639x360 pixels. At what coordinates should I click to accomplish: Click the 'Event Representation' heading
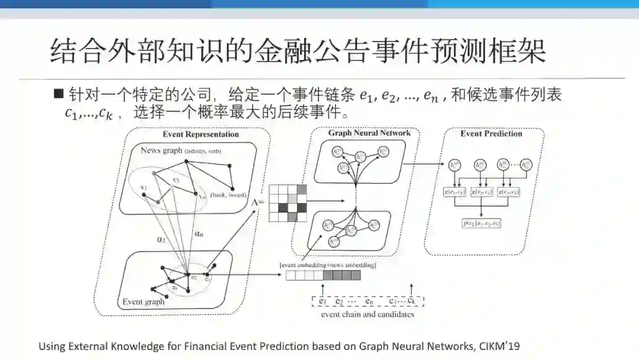point(201,134)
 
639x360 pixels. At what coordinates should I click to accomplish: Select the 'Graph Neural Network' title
point(369,133)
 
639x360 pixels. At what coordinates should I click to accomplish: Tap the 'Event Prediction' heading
point(491,134)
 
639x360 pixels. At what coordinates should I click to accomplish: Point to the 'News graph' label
point(161,150)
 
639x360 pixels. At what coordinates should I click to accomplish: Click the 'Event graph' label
point(144,301)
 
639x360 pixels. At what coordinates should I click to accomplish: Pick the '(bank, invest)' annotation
point(228,195)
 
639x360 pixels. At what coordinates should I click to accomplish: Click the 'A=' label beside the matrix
point(259,202)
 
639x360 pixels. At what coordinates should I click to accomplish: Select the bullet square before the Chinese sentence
point(58,93)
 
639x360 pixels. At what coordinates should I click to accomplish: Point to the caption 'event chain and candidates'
point(367,314)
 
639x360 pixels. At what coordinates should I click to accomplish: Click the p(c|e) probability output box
point(482,223)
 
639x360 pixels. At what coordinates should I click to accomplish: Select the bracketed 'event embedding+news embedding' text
point(328,265)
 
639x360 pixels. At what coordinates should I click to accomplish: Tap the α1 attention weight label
point(160,240)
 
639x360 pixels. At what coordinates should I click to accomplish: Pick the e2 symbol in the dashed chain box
point(340,301)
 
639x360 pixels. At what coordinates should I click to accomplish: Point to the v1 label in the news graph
point(143,188)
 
